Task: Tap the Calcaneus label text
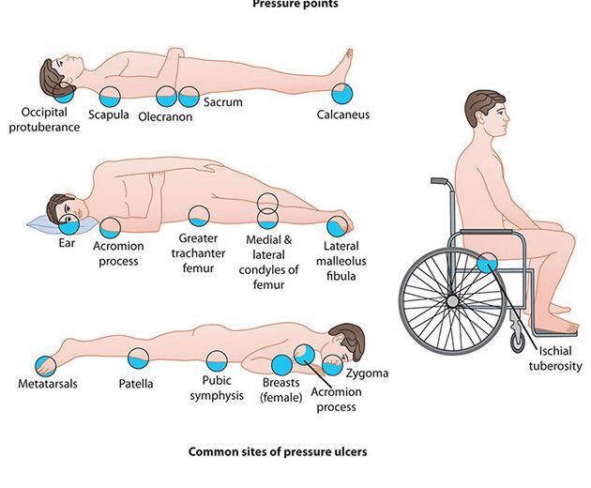coord(342,115)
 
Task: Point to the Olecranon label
coord(165,117)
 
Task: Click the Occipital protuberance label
coord(44,120)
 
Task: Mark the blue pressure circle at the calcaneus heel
coord(342,92)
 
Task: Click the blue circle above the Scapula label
coord(110,95)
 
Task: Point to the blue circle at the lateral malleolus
coord(336,226)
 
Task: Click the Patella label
coord(136,384)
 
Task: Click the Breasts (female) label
coord(280,389)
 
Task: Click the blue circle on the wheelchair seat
coord(487,264)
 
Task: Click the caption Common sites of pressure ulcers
coord(278,451)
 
